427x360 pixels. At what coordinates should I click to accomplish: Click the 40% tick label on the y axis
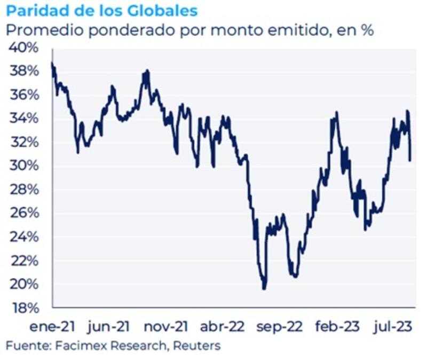(23, 48)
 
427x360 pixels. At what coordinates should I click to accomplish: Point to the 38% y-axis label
(23, 72)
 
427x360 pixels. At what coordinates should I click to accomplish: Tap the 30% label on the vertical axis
(23, 166)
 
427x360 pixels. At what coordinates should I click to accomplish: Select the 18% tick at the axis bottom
(23, 308)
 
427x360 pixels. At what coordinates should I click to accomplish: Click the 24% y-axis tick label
(23, 237)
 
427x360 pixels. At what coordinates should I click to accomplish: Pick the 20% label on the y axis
(23, 284)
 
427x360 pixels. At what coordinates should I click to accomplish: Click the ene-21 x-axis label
(52, 326)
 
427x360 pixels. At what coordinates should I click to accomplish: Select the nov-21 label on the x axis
(167, 326)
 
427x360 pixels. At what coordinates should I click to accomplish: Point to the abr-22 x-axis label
(224, 326)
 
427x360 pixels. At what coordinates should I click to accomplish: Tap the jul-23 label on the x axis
(394, 326)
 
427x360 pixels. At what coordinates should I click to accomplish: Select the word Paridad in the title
(34, 11)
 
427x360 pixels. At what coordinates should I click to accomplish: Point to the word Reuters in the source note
(196, 346)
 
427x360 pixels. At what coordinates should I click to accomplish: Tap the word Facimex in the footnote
(77, 346)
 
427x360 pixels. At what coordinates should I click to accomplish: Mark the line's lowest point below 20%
(264, 289)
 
